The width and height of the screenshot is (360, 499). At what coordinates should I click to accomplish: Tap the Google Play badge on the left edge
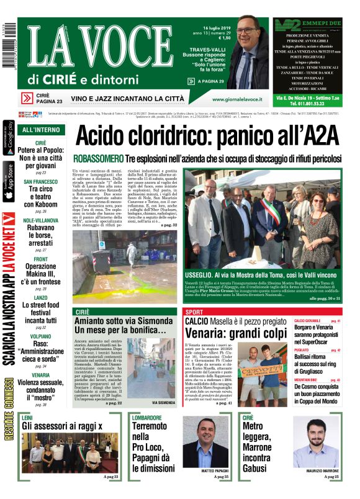click(x=8, y=135)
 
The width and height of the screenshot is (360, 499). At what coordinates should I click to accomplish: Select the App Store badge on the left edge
click(x=8, y=182)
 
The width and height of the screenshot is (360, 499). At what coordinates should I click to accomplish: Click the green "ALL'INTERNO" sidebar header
click(x=41, y=130)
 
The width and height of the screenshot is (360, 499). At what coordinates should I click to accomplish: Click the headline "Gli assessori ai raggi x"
click(x=61, y=426)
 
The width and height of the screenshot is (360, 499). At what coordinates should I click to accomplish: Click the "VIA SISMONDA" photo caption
click(x=163, y=402)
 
